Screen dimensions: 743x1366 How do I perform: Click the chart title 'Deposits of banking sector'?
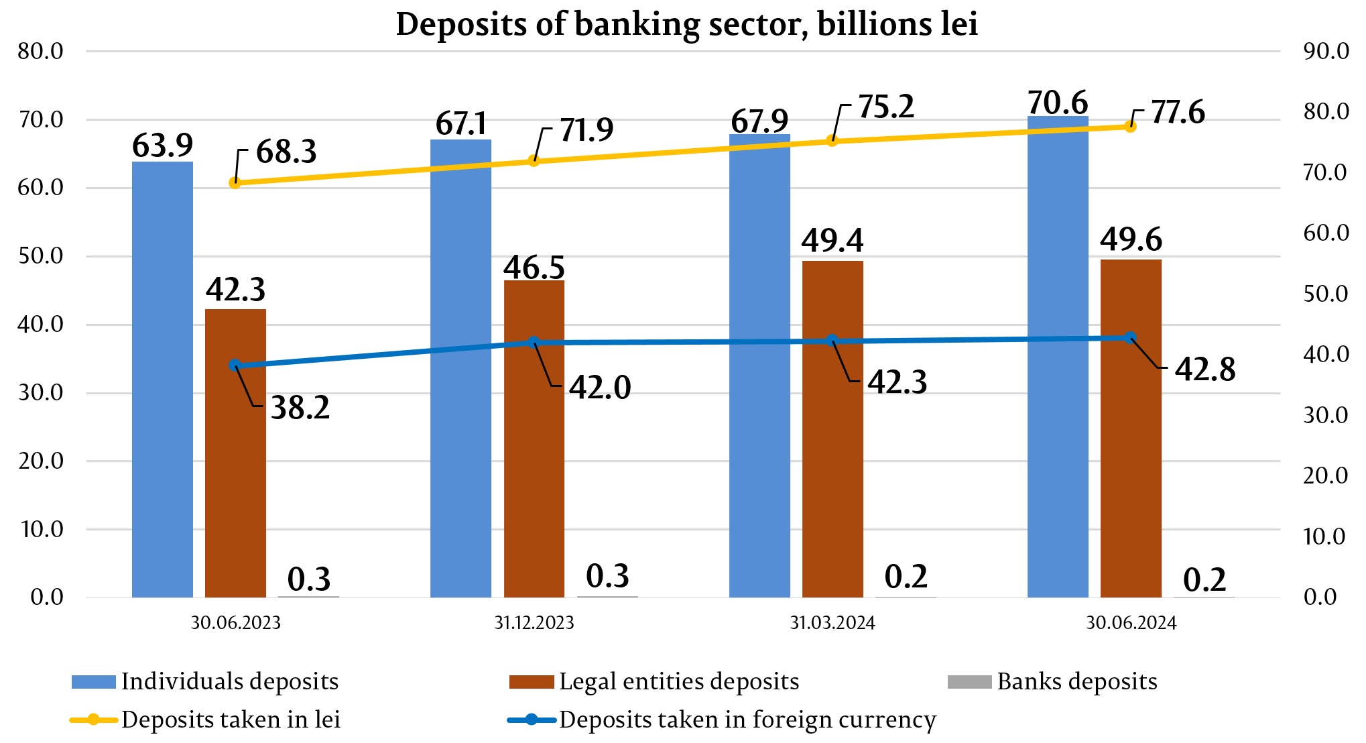pos(686,24)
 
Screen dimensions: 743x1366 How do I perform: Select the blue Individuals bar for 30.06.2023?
pos(162,379)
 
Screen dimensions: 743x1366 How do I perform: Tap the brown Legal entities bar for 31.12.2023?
pos(534,439)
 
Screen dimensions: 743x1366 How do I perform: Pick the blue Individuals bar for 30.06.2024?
pos(1058,356)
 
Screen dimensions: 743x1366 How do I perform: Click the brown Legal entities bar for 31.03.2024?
pos(832,429)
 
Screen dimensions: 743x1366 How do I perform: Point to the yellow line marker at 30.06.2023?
pos(235,182)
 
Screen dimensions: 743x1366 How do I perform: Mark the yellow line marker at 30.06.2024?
pos(1130,126)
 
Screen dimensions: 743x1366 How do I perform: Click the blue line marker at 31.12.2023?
pos(534,342)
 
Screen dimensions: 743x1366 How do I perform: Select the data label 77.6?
pos(1178,112)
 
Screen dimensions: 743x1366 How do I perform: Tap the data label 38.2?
pos(300,408)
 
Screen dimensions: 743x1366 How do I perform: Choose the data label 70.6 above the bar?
pos(1058,103)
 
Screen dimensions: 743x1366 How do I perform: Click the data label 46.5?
pos(534,267)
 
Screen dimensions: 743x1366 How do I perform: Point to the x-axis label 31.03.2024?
pos(832,623)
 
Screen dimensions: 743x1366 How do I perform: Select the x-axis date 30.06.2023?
pos(236,623)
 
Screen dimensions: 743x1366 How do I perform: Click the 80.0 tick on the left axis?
pos(40,51)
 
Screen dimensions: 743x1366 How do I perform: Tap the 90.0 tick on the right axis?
pos(1326,51)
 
